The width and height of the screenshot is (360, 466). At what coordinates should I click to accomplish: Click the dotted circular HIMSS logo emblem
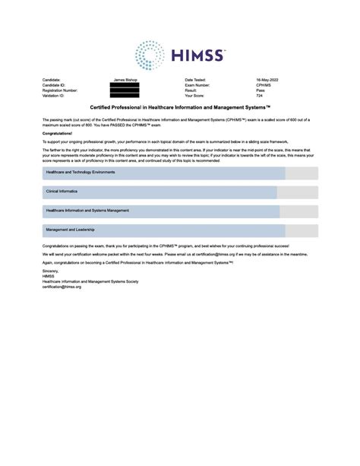150,55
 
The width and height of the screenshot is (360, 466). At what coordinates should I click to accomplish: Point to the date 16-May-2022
268,79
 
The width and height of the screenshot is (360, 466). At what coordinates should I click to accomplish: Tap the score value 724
260,96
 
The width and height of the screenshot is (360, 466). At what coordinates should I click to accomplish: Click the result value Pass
260,90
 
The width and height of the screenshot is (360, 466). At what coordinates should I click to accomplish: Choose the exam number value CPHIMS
264,84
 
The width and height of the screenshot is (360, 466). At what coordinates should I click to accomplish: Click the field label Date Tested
195,79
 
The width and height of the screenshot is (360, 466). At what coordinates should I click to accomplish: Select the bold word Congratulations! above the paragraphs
57,132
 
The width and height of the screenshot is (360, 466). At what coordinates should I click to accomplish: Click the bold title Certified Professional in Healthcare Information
179,109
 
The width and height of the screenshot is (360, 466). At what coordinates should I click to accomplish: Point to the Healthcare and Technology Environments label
80,173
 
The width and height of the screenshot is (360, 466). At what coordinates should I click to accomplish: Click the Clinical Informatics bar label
62,192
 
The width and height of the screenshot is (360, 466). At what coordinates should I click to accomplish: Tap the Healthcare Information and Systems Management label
87,211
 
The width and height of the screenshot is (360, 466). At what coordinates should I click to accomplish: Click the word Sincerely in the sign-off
50,271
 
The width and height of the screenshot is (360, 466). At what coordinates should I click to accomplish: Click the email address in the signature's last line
62,287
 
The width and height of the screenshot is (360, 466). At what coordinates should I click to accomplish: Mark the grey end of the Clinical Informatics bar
297,192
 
